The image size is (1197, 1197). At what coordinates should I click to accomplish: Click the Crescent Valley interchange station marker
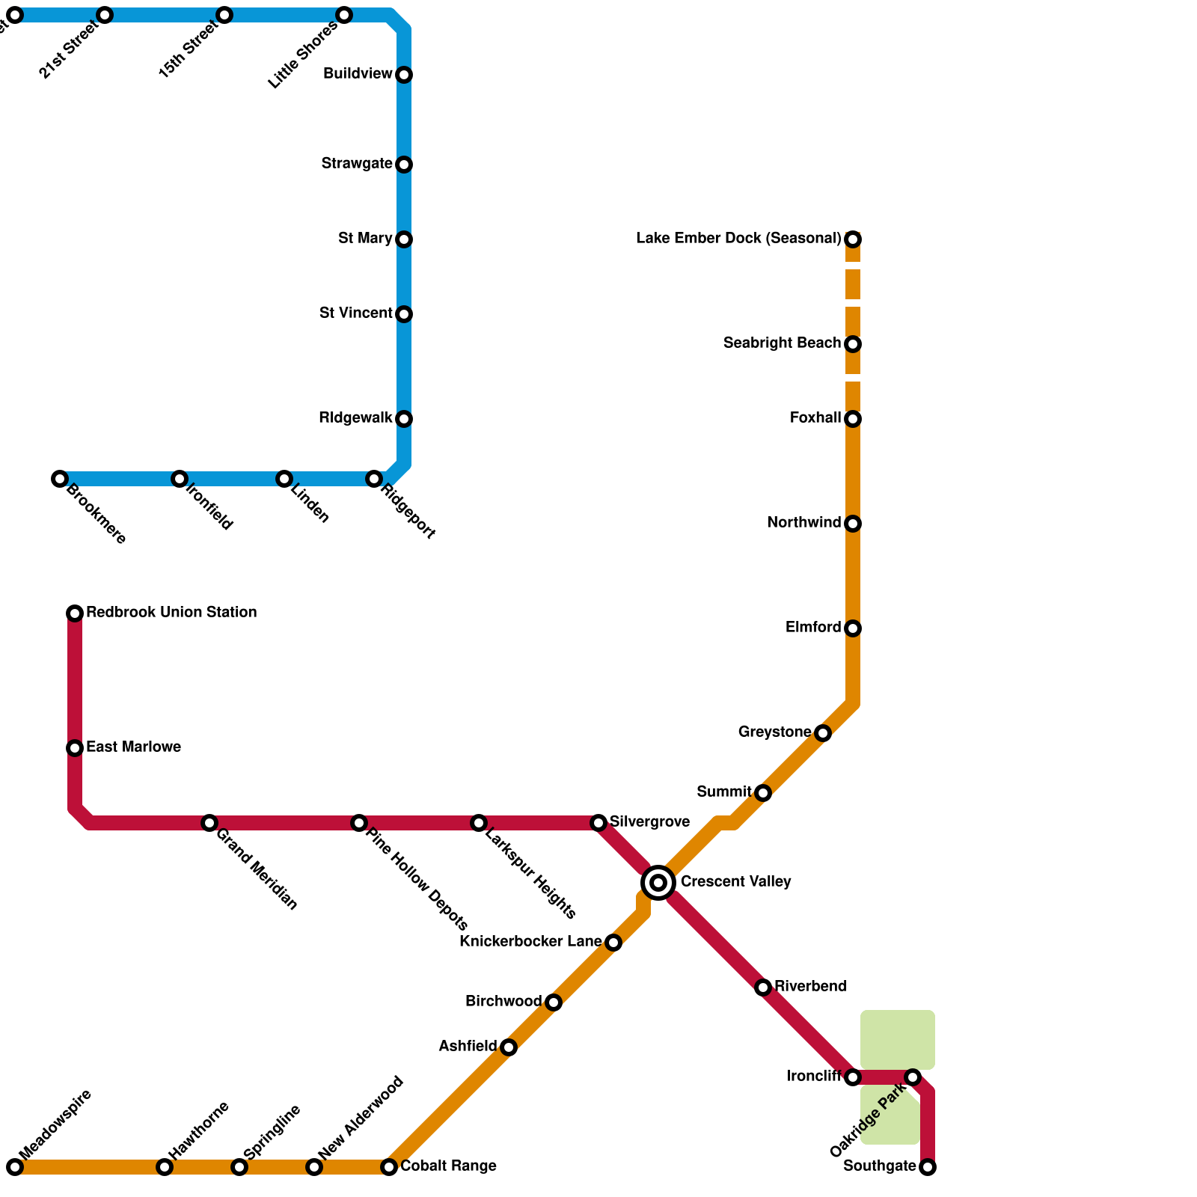(x=658, y=883)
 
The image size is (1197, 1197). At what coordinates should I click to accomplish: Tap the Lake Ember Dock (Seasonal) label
(x=738, y=239)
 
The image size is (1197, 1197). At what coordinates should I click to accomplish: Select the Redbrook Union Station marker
(x=75, y=613)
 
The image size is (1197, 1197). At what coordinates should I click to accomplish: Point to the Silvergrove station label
(x=649, y=822)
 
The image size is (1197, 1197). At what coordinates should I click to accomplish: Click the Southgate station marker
(x=928, y=1167)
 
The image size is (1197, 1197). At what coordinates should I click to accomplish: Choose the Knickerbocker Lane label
(x=530, y=942)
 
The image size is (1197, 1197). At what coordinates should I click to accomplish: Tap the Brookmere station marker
(x=60, y=479)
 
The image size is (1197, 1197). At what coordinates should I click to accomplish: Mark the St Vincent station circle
(x=404, y=314)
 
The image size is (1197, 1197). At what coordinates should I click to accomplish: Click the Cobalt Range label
(x=448, y=1166)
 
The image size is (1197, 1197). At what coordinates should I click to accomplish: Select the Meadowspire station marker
(x=15, y=1167)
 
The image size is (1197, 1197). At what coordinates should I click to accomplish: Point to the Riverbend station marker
(x=763, y=988)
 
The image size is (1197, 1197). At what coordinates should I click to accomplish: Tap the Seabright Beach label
(x=782, y=343)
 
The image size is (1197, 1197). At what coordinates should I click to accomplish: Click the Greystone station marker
(x=823, y=733)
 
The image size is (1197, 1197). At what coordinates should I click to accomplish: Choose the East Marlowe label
(x=133, y=747)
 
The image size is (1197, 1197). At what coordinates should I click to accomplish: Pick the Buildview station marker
(x=404, y=75)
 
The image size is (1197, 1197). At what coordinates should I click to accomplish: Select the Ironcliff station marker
(x=853, y=1077)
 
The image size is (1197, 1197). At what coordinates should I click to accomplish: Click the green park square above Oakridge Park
(x=897, y=1039)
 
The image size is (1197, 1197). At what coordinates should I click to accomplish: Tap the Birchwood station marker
(x=554, y=1002)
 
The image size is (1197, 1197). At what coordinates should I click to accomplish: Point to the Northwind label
(x=803, y=523)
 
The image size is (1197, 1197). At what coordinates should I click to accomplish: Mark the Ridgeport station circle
(x=374, y=479)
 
